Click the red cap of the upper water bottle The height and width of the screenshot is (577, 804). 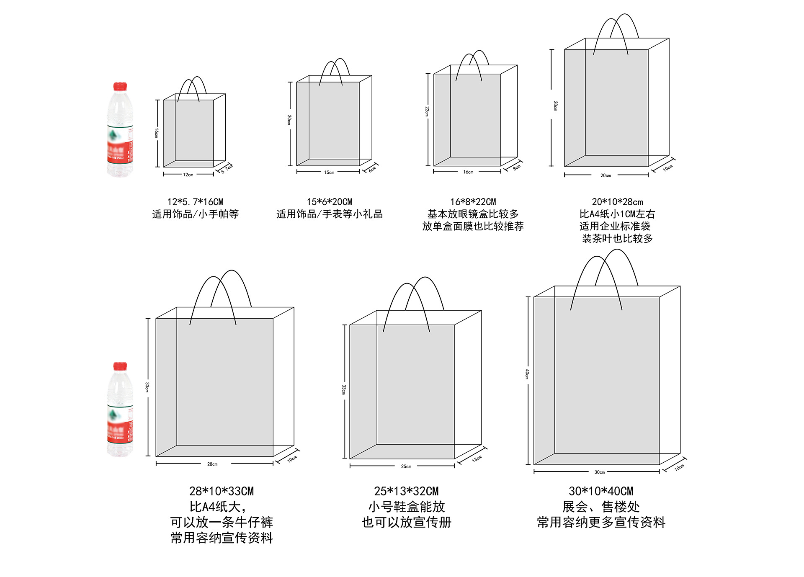pos(120,86)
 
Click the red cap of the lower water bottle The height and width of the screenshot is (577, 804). pos(120,366)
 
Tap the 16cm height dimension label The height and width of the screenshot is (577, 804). pos(156,133)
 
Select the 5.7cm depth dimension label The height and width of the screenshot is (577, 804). pos(227,169)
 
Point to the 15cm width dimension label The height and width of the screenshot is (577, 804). pos(329,173)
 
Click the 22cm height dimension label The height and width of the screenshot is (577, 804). pos(427,111)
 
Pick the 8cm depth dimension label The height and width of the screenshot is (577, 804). pos(517,167)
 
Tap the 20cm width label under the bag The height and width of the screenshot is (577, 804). pos(606,175)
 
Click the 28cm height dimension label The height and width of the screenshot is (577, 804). pos(555,106)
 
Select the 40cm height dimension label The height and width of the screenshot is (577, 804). pos(527,374)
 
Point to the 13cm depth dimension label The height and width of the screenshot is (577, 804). pos(477,459)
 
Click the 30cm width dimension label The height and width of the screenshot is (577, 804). pos(600,472)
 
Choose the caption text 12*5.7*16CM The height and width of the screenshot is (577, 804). pos(195,202)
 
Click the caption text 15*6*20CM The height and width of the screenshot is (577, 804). pos(330,202)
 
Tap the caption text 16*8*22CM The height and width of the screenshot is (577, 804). pos(473,202)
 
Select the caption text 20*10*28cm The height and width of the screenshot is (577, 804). pos(617,202)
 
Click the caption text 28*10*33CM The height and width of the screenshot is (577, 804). pos(222,491)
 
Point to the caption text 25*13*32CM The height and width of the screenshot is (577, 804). pos(406,491)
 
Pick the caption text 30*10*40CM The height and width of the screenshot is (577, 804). pos(601,491)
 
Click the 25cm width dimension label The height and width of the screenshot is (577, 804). pos(406,466)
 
